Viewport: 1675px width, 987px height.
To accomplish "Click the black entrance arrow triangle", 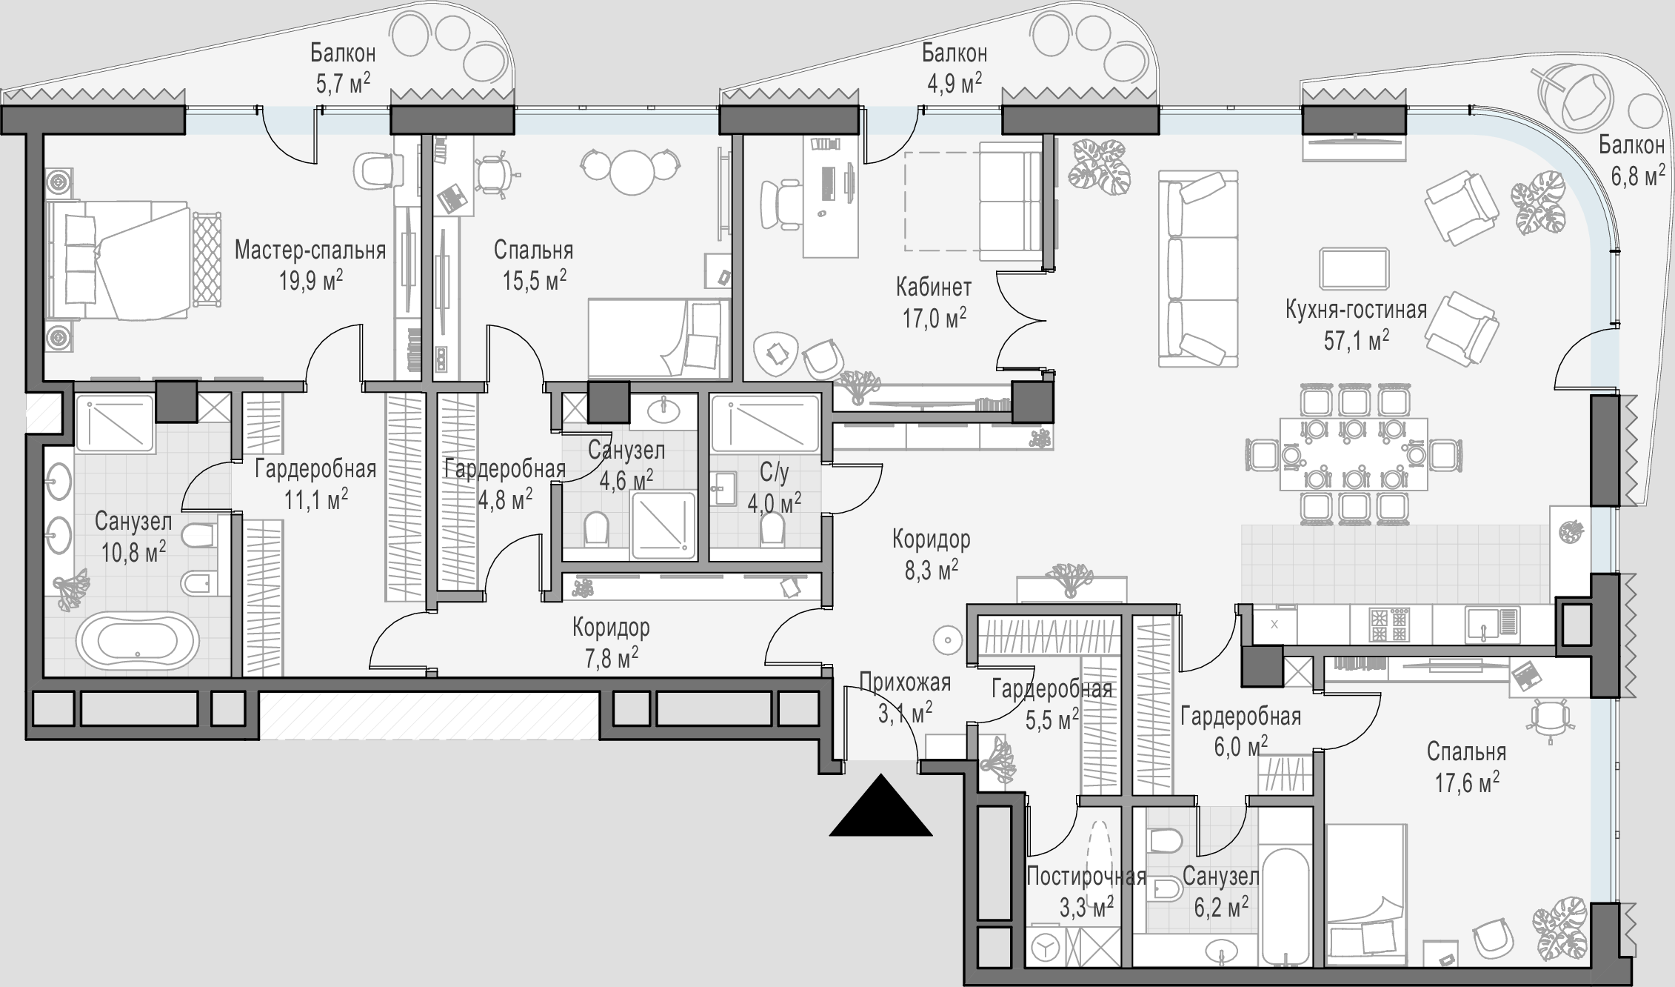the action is (x=880, y=805).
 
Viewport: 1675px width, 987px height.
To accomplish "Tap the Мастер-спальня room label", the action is (x=310, y=251).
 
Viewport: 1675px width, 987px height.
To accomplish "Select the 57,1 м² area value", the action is (x=1356, y=341).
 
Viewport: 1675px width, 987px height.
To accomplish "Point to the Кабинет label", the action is (x=934, y=286).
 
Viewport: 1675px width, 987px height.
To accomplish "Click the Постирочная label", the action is (x=1086, y=877).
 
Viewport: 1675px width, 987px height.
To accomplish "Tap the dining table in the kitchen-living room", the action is (x=1354, y=453).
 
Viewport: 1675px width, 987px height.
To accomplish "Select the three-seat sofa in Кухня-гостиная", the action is (x=1198, y=268).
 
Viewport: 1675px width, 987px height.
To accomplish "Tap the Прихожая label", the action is (x=905, y=681).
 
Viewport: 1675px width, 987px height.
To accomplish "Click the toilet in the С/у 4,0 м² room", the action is (x=772, y=531).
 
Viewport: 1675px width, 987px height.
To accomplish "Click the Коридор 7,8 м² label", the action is (x=611, y=642).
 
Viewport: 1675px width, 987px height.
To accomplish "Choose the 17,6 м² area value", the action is (x=1467, y=782).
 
